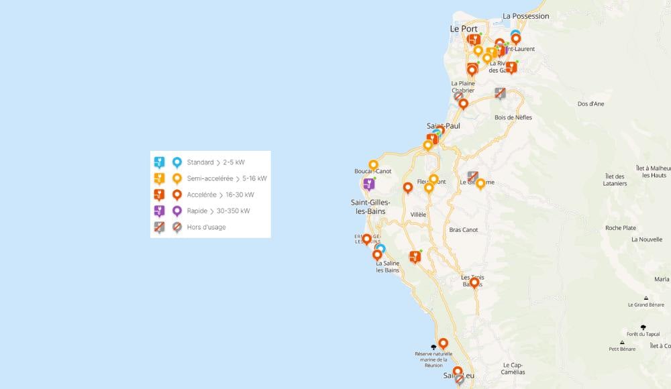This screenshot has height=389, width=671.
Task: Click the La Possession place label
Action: point(525,16)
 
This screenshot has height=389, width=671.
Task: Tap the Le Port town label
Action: point(463,30)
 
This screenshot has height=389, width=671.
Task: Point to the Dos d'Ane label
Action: point(590,104)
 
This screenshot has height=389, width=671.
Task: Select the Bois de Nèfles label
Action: point(513,117)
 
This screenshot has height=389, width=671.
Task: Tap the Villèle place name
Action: point(418,215)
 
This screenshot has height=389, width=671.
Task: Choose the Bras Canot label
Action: point(464,229)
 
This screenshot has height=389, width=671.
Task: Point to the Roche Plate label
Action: point(621,228)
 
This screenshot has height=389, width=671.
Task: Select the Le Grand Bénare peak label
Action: point(646,304)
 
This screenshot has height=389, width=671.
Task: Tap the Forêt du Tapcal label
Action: point(643,333)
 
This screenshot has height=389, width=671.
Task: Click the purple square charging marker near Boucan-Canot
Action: point(368,184)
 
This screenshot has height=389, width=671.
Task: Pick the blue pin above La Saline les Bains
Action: point(380,249)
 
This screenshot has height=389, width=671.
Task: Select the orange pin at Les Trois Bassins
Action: point(474,283)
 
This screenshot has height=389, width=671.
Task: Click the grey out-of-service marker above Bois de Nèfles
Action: point(500,93)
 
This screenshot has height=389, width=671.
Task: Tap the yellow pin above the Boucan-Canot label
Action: point(373,164)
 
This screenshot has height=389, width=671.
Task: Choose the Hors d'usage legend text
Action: point(207,227)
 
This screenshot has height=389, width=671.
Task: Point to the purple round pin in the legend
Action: point(177,211)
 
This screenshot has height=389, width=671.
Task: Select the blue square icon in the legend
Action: point(159,162)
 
